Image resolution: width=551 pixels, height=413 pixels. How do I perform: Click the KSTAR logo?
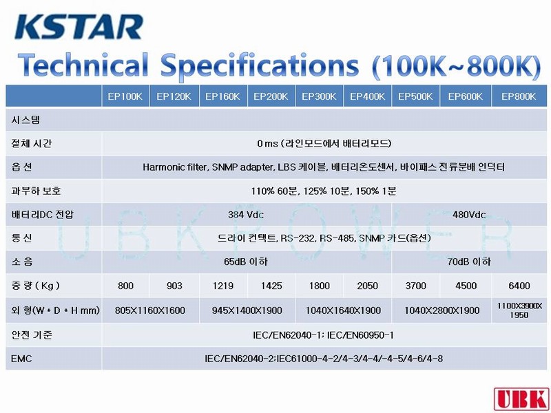coord(79,27)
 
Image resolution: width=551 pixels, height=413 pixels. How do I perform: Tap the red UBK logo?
coord(521,399)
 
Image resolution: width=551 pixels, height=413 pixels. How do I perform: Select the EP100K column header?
coord(125,96)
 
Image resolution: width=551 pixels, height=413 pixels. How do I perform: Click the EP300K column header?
coord(319,96)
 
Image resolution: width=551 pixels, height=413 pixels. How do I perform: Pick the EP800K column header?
coord(519,96)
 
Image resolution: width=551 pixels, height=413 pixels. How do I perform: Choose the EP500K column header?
coord(415,96)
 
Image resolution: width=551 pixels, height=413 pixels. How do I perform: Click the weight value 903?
coord(174,286)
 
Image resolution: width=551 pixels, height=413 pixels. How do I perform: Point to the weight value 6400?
coord(519,286)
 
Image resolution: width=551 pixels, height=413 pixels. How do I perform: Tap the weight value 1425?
coord(271,286)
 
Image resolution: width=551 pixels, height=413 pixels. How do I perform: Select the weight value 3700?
coord(416,286)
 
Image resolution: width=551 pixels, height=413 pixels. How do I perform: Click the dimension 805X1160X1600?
coord(150,310)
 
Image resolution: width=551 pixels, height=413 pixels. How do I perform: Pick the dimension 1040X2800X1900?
coord(441,310)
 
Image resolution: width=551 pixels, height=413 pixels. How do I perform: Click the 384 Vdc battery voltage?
coord(246,215)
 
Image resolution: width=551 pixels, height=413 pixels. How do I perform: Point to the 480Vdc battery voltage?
coord(469,215)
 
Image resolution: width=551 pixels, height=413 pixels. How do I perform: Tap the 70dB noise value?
coord(469,262)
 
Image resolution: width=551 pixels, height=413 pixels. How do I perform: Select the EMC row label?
coord(21,359)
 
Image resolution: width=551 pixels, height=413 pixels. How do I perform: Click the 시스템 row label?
coord(25,120)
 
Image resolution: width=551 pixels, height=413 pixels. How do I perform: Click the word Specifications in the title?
coord(260,66)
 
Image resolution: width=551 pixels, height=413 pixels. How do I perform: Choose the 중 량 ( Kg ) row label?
coord(36,286)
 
